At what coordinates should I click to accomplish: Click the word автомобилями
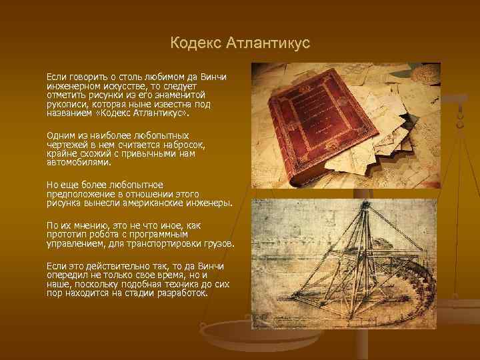[x=79, y=161]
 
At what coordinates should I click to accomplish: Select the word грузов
[x=217, y=244]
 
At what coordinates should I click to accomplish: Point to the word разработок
[x=180, y=293]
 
